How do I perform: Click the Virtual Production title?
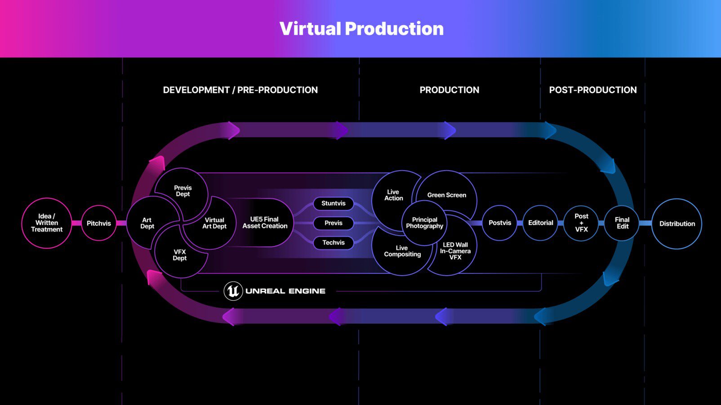pos(361,29)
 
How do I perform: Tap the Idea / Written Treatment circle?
pos(46,223)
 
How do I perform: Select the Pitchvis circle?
pos(99,223)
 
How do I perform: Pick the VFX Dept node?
pos(179,255)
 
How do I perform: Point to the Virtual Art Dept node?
pos(214,223)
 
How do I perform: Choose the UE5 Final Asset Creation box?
pos(265,223)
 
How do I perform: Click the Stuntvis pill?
pos(334,203)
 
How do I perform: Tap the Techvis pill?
pos(334,242)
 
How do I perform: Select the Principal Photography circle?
pos(424,223)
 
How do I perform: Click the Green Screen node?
pos(447,195)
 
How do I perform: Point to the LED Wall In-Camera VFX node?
pos(455,251)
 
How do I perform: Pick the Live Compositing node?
pos(402,251)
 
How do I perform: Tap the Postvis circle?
pos(500,223)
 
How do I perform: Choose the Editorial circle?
pos(540,223)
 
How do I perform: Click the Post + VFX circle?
pos(581,223)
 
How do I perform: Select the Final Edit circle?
pos(622,223)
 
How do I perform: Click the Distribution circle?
pos(677,224)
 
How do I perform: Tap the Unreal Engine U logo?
pos(233,291)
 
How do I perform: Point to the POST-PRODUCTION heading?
pos(592,90)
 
